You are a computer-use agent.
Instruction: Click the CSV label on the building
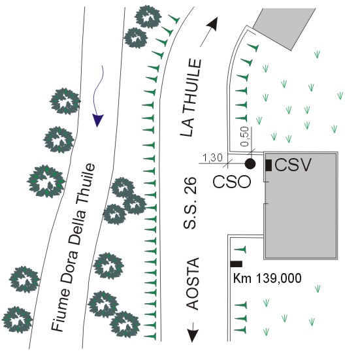coord(293,165)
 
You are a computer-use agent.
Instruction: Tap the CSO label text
coord(232,182)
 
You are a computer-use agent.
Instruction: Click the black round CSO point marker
coord(250,164)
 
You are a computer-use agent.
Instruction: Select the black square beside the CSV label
coord(269,165)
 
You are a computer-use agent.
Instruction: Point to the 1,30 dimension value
coord(212,158)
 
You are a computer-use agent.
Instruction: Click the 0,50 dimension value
coord(244,137)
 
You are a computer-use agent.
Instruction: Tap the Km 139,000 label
coord(267,278)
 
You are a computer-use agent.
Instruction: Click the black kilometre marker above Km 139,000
coord(237,264)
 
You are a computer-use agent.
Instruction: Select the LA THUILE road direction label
coord(191,98)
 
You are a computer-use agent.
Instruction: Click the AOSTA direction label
coord(192,284)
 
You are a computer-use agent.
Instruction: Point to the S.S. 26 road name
coord(190,203)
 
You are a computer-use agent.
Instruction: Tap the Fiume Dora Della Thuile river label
coord(73,248)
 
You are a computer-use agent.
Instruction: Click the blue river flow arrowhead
coord(98,120)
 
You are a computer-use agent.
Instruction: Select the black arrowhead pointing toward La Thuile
coord(212,24)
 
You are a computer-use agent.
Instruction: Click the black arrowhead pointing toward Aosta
coord(192,336)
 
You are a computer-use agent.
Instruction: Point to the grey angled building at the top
coord(284,29)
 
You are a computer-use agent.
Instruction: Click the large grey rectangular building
coord(301,206)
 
